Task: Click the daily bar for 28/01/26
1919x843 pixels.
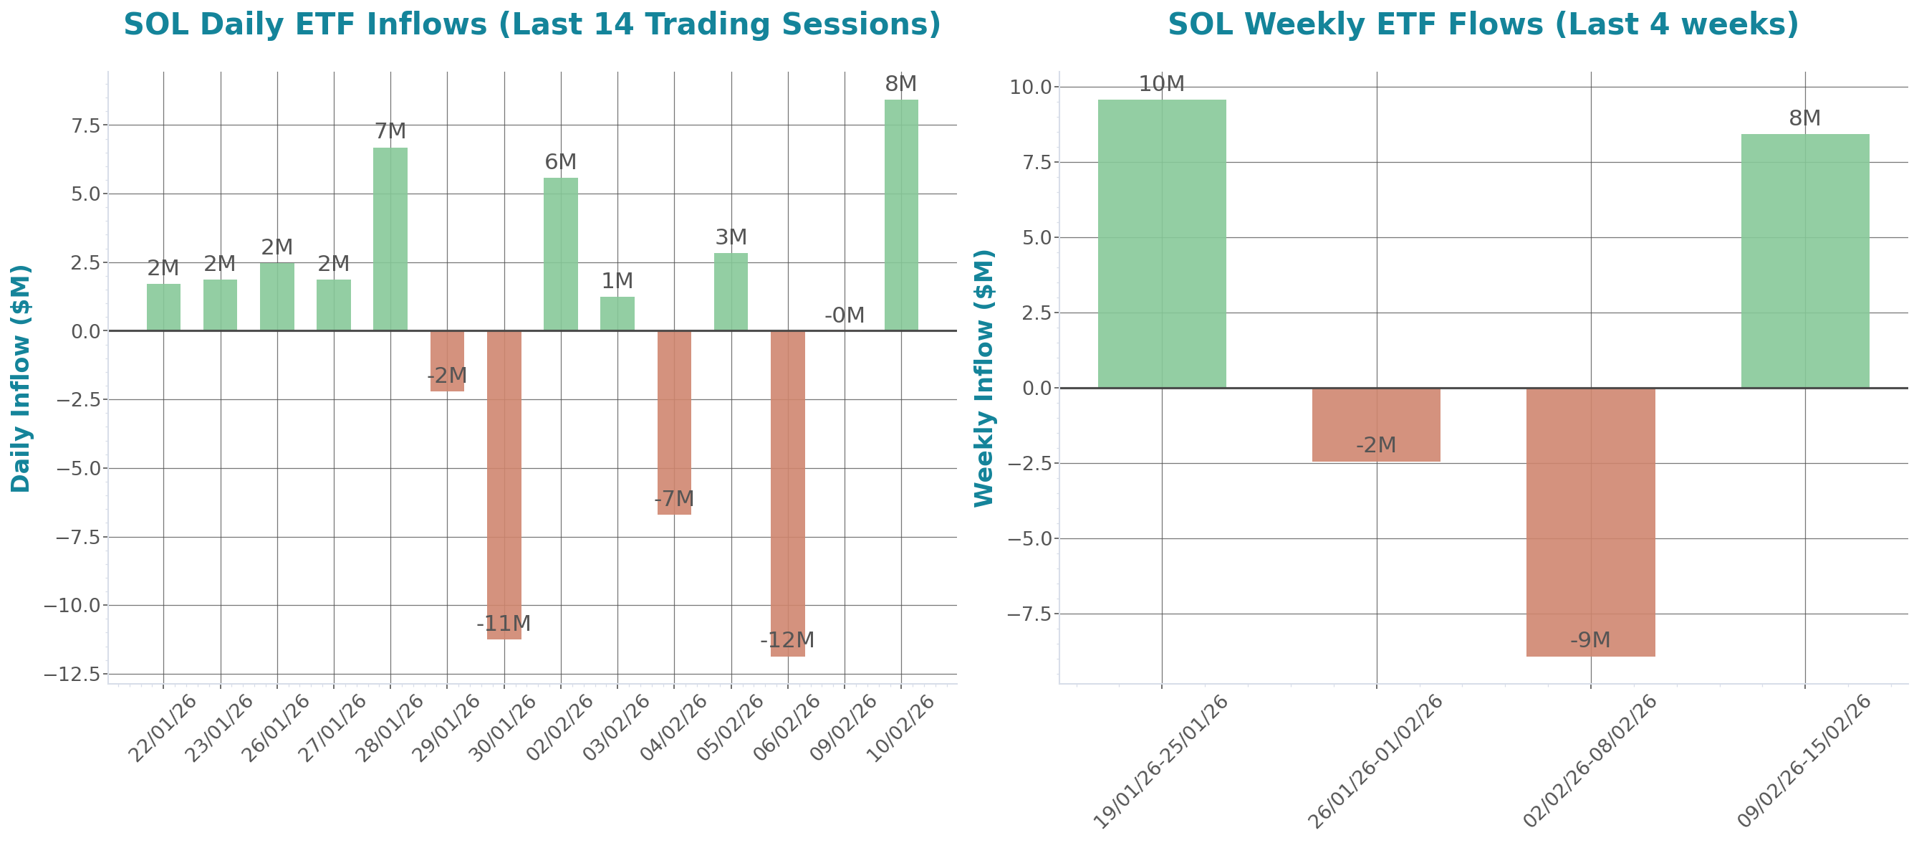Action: tap(390, 239)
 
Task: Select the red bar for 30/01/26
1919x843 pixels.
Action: tap(504, 485)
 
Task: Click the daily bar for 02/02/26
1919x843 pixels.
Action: tap(560, 254)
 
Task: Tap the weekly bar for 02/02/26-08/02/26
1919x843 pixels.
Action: tap(1590, 522)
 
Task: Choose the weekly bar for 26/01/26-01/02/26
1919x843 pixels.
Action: tap(1376, 425)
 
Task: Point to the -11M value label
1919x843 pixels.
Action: tap(504, 623)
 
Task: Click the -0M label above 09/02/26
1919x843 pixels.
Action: tap(844, 315)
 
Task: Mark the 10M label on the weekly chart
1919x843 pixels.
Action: tap(1161, 83)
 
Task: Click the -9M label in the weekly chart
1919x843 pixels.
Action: tap(1590, 639)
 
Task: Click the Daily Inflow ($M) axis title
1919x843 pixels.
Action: tap(20, 378)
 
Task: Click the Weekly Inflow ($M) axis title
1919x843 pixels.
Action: tap(984, 378)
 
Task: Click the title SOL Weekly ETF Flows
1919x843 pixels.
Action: tap(1483, 24)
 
